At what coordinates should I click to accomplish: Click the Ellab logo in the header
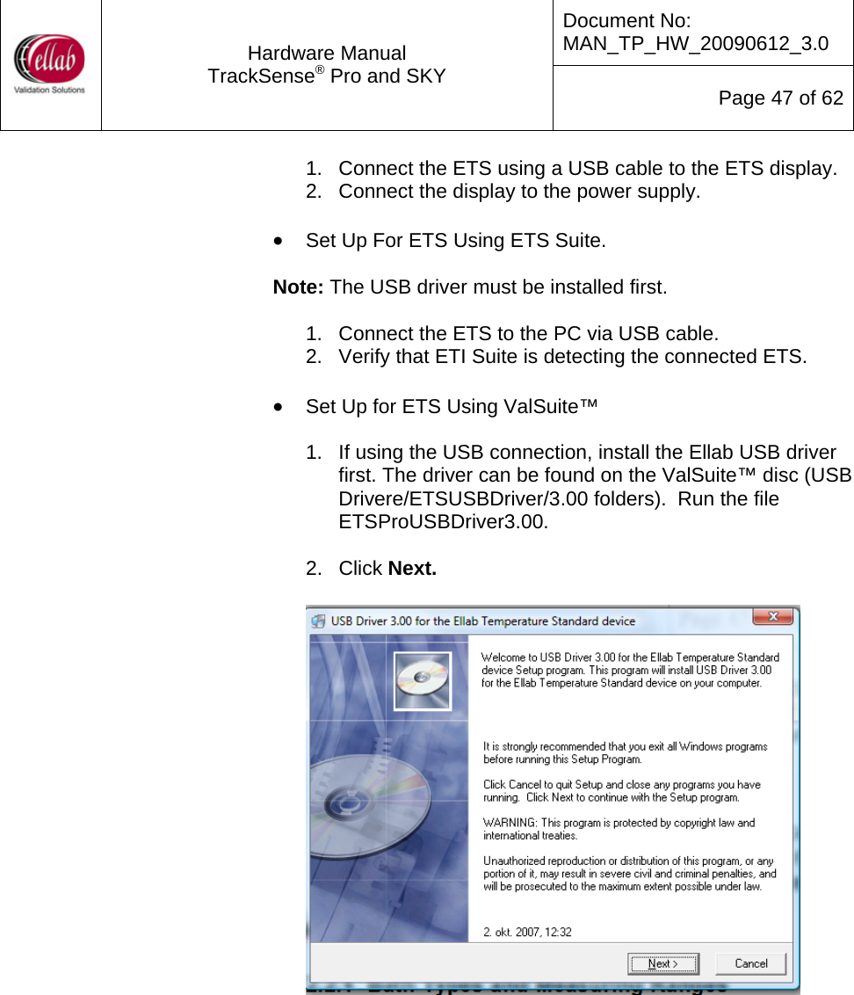50,63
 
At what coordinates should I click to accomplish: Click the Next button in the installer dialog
663,963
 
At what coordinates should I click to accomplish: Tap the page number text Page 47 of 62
780,98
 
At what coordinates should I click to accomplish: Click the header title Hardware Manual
327,54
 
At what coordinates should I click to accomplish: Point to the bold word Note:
299,287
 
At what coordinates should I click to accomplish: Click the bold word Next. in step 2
412,569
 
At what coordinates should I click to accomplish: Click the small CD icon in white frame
423,680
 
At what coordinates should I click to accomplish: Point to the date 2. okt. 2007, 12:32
527,932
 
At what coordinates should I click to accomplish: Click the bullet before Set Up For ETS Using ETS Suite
279,240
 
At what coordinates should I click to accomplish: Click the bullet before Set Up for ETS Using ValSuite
279,407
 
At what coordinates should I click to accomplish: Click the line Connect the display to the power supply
518,191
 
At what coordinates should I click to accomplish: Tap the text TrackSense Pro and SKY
327,76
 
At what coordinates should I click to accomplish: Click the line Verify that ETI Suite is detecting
571,357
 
